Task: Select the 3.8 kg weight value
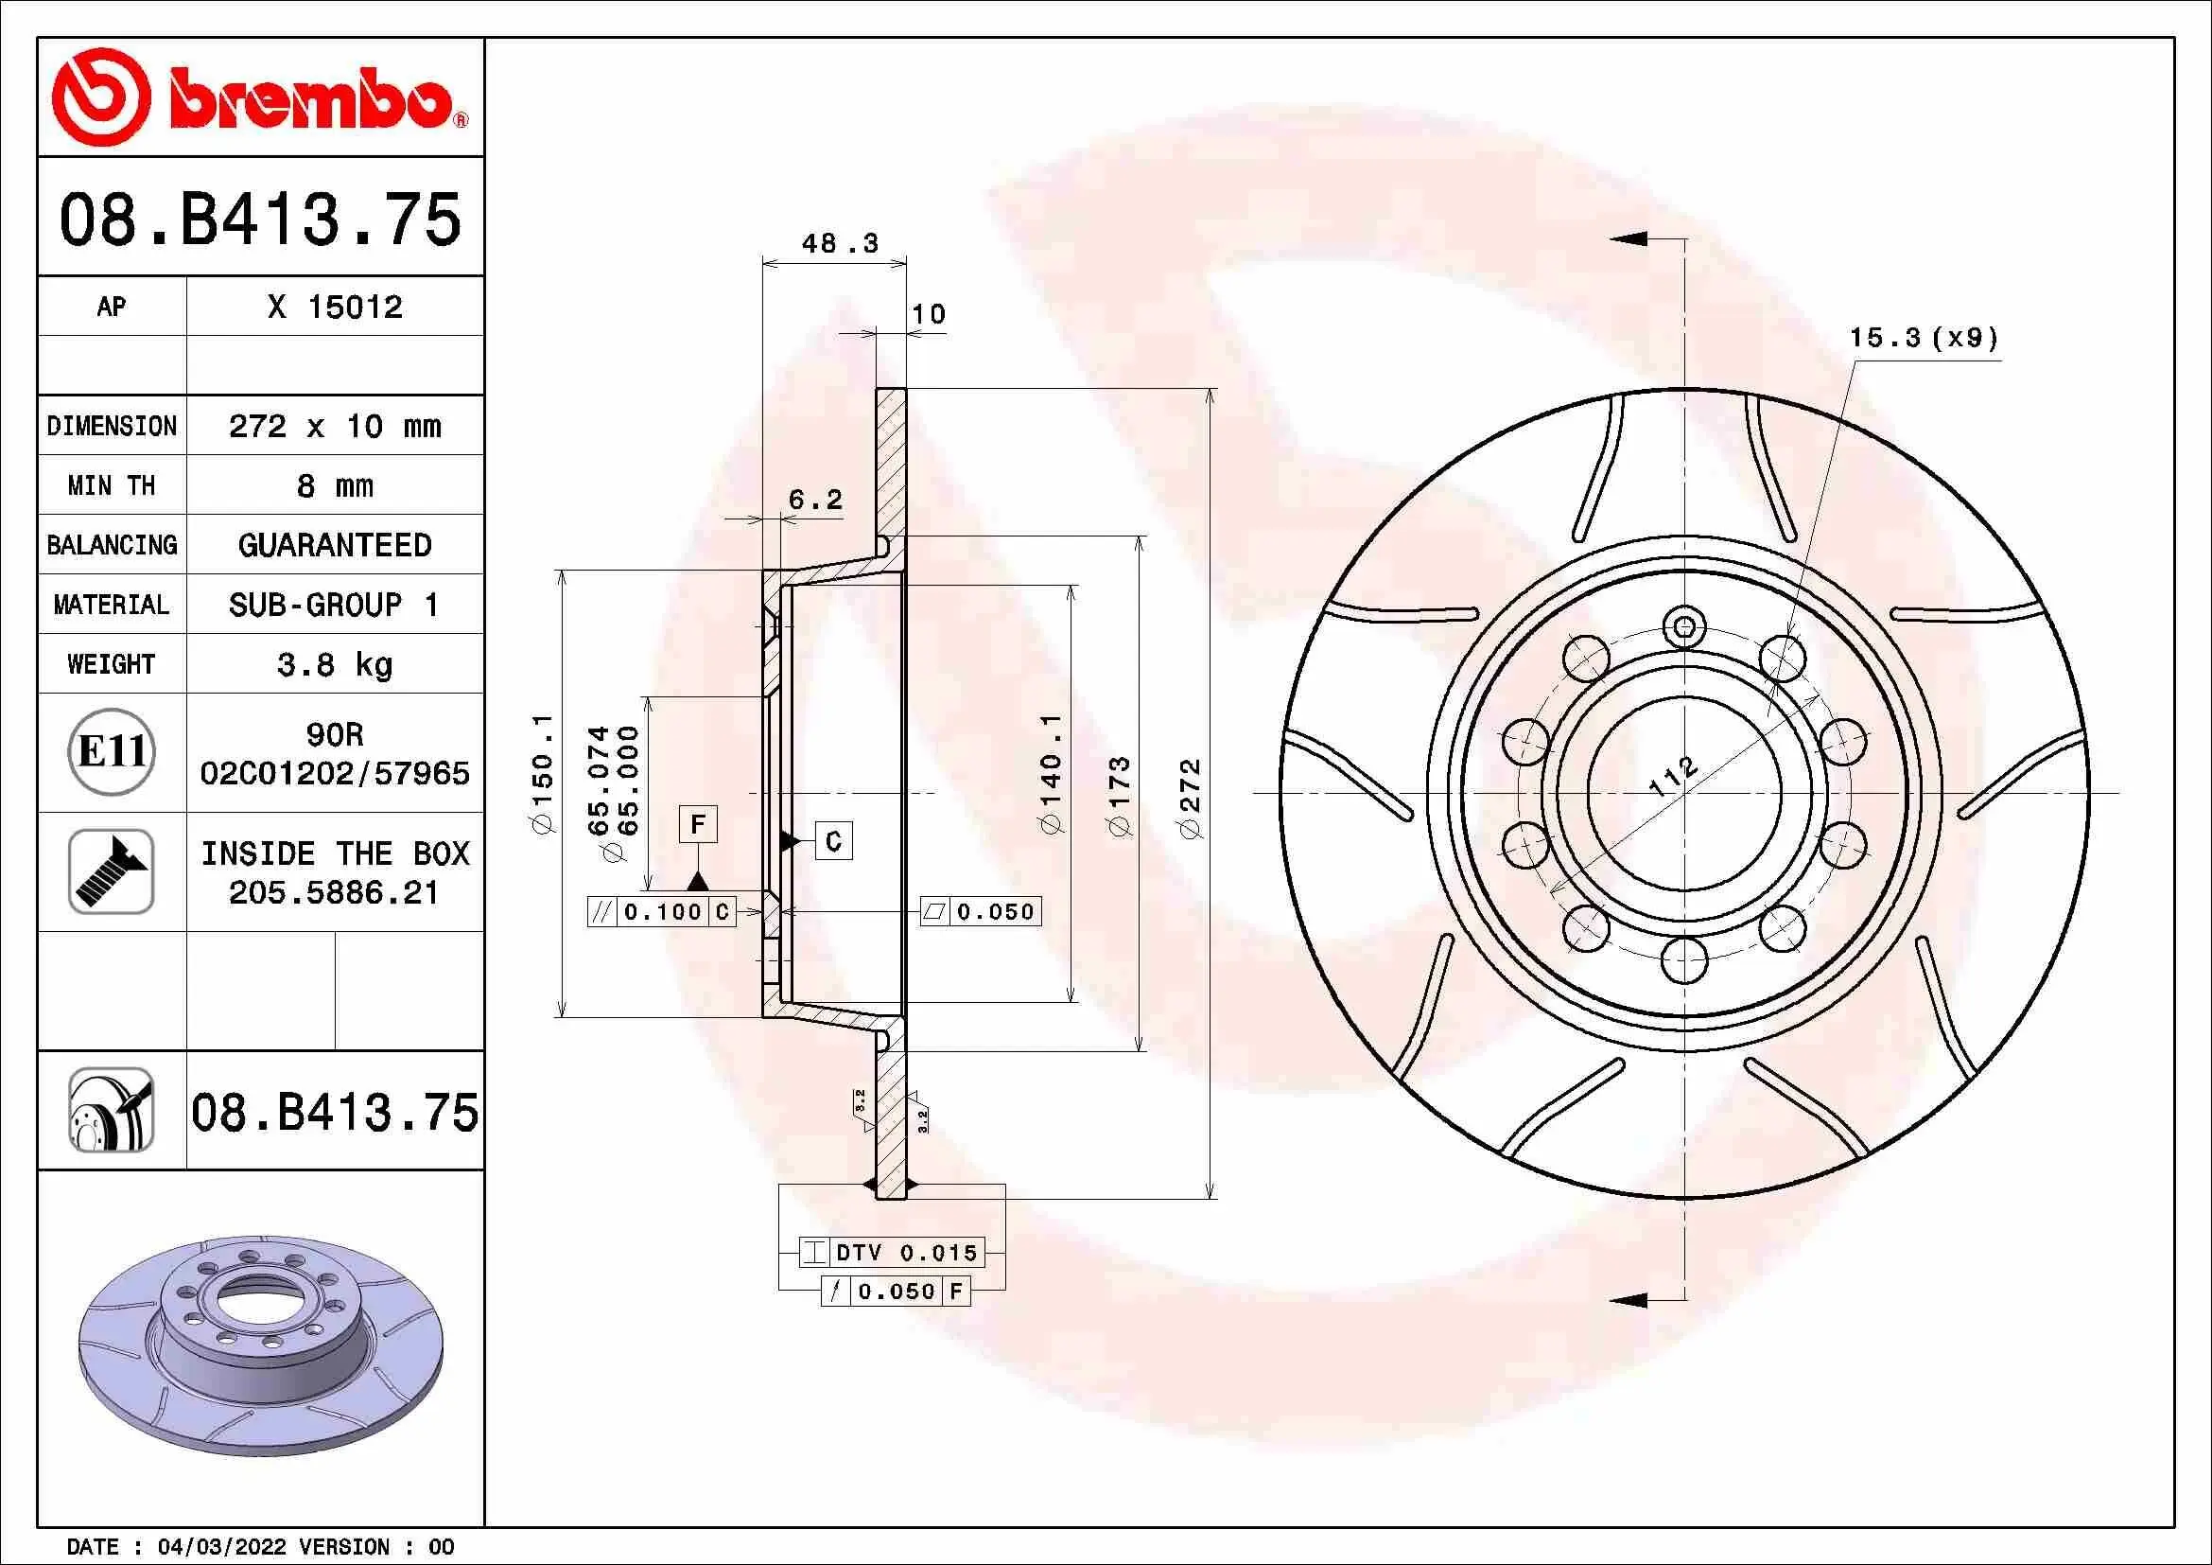pos(334,664)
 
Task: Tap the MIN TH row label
pos(111,485)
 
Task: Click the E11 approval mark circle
pos(112,751)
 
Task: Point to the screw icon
pos(112,871)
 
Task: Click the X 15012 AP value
pos(334,307)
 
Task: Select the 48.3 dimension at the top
pos(839,243)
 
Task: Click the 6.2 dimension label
pos(815,500)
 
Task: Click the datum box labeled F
pos(698,824)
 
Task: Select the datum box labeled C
pos(833,841)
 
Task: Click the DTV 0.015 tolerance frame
pos(892,1253)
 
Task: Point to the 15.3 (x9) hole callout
pos(1923,337)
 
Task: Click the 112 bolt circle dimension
pos(1673,776)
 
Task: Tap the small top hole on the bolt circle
pos(1684,628)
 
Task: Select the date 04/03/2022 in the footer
pos(221,1547)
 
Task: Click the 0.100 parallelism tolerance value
pos(663,911)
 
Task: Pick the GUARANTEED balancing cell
pos(334,545)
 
